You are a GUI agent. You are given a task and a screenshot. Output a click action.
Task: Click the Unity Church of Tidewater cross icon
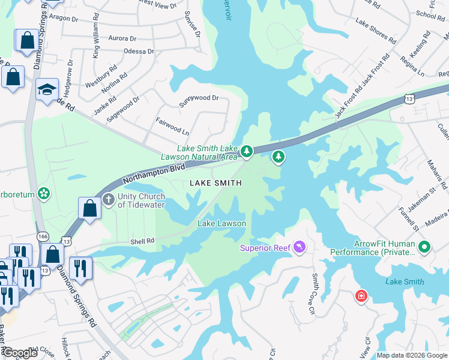[x=108, y=199]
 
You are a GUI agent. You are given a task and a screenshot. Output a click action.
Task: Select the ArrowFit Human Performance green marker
[x=424, y=247]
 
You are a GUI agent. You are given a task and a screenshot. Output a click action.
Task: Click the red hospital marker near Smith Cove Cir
[x=361, y=296]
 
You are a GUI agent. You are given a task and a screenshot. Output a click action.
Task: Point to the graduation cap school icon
[x=47, y=89]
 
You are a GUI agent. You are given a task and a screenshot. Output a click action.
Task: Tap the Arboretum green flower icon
[x=43, y=193]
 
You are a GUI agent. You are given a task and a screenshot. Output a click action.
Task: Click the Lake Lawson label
[x=222, y=224]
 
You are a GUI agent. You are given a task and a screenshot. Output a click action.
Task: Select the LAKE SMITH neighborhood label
[x=216, y=183]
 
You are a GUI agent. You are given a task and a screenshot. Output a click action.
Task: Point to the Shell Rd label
[x=143, y=241]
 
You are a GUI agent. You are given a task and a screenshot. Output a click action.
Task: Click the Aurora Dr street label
[x=123, y=38]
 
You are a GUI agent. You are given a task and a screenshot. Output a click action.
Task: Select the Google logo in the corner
[x=20, y=352]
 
